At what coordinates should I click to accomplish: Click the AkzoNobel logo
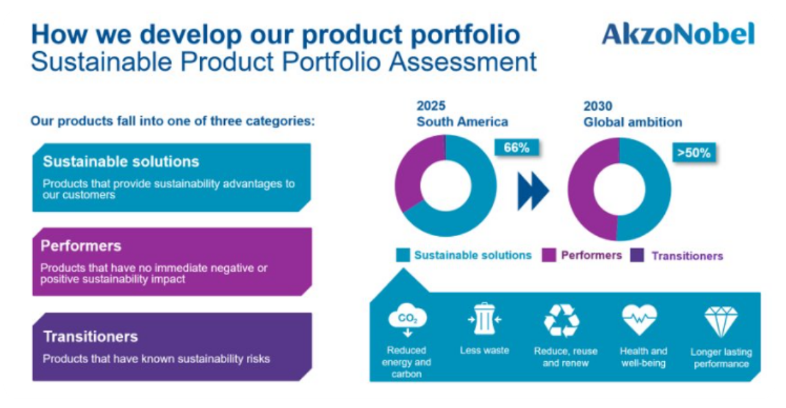point(678,34)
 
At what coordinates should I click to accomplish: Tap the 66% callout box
point(516,147)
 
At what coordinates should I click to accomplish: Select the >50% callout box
point(694,152)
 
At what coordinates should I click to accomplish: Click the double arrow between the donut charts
point(533,191)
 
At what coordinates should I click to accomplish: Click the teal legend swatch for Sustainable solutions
point(403,256)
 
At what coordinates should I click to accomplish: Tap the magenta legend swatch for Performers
point(549,256)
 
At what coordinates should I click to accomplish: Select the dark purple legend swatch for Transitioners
point(637,256)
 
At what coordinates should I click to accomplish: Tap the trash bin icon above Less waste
point(484,319)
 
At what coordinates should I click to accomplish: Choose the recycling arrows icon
point(561,320)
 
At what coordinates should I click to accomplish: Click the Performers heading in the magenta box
point(81,246)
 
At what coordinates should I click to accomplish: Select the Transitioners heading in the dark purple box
point(91,337)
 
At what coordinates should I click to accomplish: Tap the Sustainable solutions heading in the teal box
point(121,162)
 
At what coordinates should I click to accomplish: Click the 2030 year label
point(597,106)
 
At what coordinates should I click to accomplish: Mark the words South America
point(462,122)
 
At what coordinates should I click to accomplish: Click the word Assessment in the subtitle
point(463,62)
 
